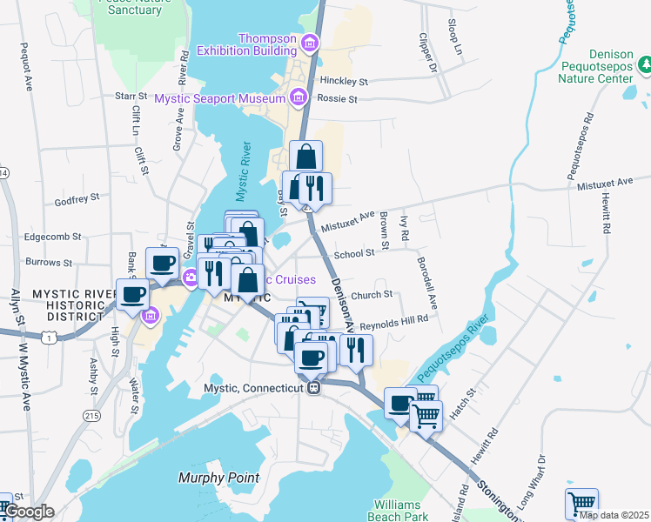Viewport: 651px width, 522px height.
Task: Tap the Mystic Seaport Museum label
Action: pyautogui.click(x=221, y=99)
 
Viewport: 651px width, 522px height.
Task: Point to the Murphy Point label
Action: pyautogui.click(x=218, y=477)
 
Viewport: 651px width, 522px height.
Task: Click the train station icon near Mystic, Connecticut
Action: pyautogui.click(x=314, y=387)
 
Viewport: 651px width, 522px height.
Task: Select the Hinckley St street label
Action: pyautogui.click(x=344, y=81)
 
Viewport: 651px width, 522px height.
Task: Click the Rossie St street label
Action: pyautogui.click(x=340, y=99)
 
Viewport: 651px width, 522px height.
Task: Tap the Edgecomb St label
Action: pyautogui.click(x=53, y=236)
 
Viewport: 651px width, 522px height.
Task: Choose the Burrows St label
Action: pyautogui.click(x=49, y=262)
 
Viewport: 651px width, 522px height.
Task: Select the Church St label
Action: pyautogui.click(x=377, y=295)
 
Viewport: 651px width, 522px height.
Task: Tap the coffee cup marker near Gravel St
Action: pyautogui.click(x=162, y=264)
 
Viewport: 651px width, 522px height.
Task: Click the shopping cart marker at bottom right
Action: pyautogui.click(x=581, y=503)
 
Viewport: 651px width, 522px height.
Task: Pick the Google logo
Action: pyautogui.click(x=29, y=512)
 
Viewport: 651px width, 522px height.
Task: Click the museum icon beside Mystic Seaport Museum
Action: pyautogui.click(x=299, y=97)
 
